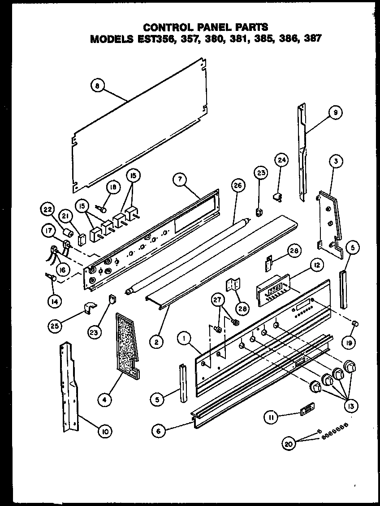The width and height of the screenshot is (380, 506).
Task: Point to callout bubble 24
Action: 281,160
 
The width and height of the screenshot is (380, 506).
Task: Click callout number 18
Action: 113,189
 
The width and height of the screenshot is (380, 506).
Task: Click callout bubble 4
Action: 104,399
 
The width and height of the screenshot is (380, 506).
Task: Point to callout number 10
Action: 105,432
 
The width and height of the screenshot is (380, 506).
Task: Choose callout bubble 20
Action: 290,444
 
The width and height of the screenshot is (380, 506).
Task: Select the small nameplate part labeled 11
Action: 307,410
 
